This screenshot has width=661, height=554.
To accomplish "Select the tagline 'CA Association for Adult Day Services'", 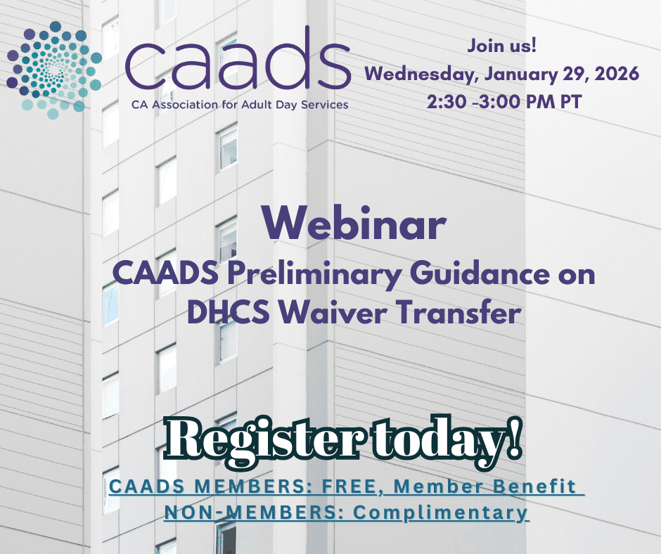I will [238, 105].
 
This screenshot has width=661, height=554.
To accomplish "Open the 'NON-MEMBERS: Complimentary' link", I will [346, 512].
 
